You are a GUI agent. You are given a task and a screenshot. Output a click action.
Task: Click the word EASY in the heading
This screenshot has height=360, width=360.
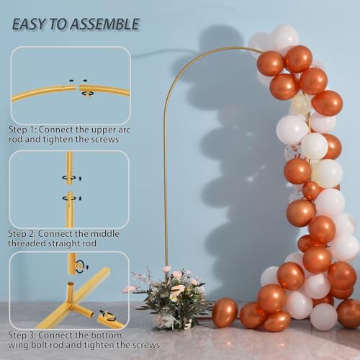pyautogui.click(x=31, y=24)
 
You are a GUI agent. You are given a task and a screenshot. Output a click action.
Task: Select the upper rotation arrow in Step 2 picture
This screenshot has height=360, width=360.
pyautogui.click(x=71, y=177)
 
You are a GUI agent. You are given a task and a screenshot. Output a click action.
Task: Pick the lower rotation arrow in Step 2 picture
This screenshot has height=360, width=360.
pyautogui.click(x=71, y=197)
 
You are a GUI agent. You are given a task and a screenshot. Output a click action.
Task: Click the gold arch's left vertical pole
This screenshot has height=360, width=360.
pyautogui.click(x=166, y=180)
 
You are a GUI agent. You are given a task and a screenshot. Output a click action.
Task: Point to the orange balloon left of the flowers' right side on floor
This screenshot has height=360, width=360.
pyautogui.click(x=225, y=313)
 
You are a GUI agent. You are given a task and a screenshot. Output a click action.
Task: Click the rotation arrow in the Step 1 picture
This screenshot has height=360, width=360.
pyautogui.click(x=87, y=92)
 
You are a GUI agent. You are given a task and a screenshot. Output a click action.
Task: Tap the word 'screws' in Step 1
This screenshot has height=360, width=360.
pyautogui.click(x=104, y=139)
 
